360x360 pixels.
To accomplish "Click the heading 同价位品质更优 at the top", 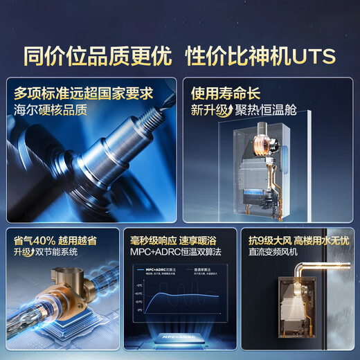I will click(x=98, y=55).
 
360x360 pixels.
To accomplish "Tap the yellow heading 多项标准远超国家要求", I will click(x=83, y=93).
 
